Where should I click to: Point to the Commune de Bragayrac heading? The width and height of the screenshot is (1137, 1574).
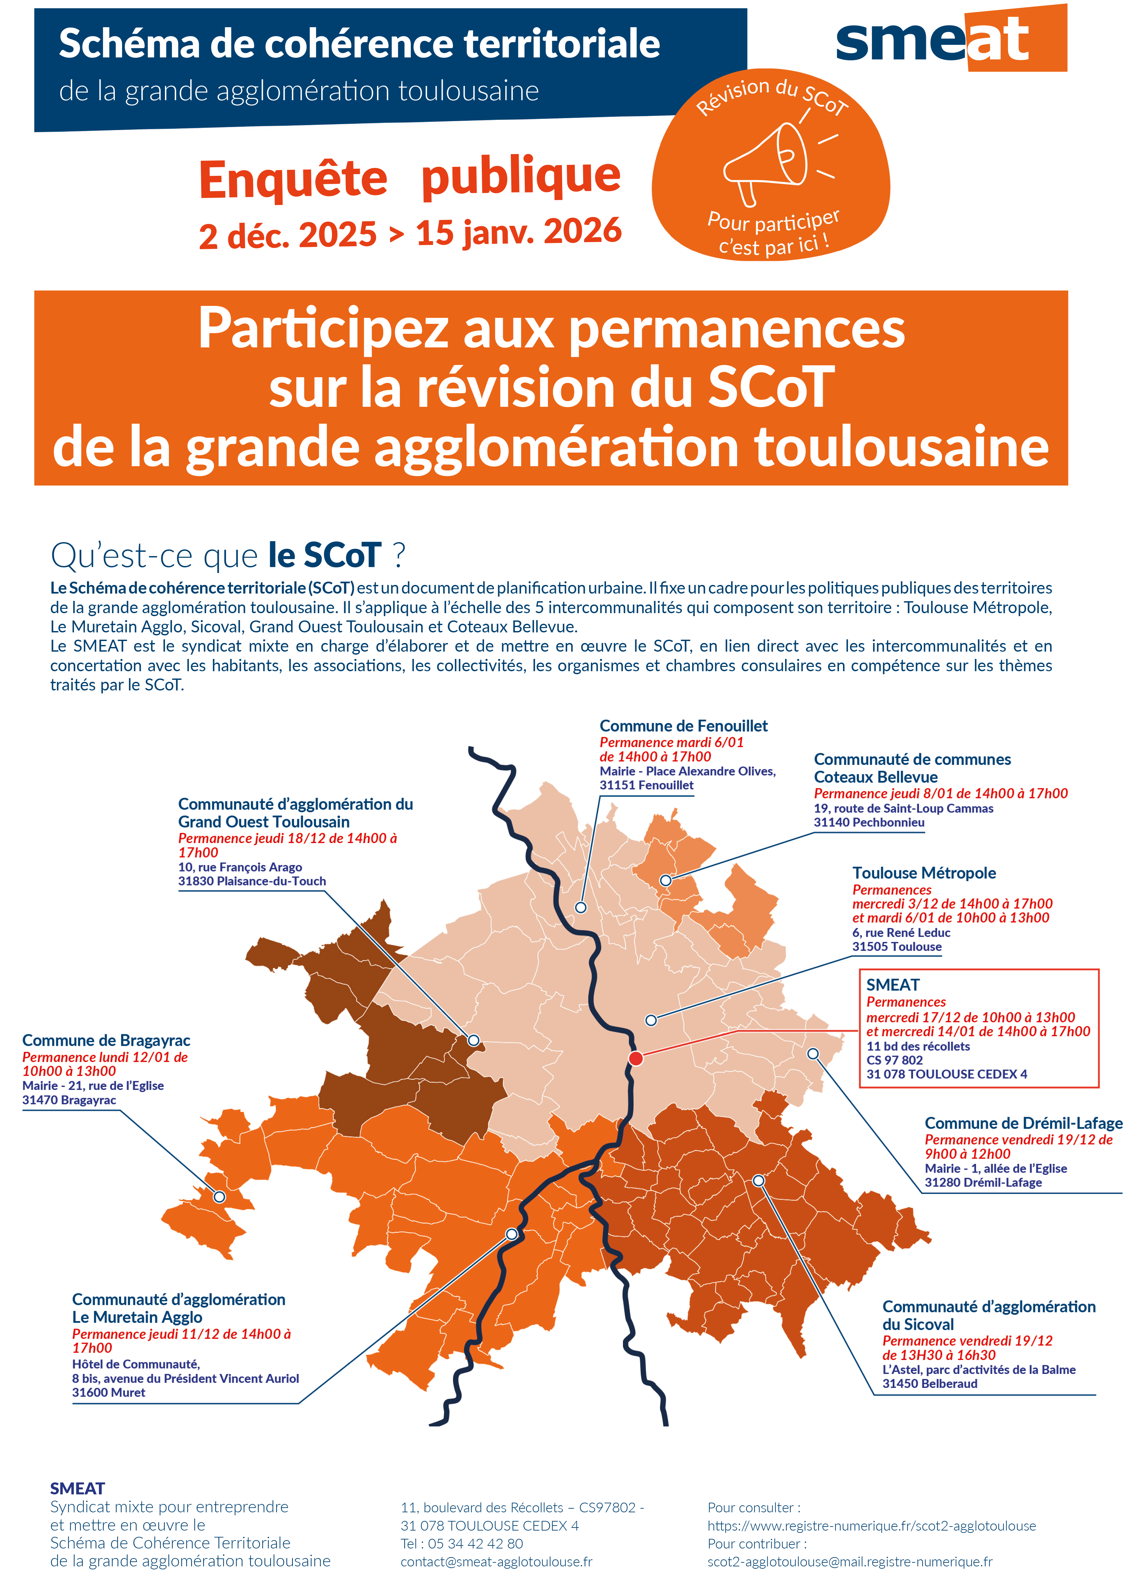click(106, 1040)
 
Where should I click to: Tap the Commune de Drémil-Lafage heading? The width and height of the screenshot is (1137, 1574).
click(1023, 1123)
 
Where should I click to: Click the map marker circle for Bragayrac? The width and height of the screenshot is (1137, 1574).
click(219, 1196)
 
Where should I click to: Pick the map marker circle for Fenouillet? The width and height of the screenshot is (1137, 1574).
click(581, 907)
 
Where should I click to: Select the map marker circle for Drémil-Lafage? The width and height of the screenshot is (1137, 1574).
click(813, 1053)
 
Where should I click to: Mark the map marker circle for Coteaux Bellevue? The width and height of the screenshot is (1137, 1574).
click(665, 880)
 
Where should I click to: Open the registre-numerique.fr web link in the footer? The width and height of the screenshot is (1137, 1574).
click(871, 1526)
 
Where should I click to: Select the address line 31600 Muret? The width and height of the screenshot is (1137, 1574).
click(109, 1392)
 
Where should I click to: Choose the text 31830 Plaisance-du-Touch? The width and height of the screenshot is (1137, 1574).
click(252, 881)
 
